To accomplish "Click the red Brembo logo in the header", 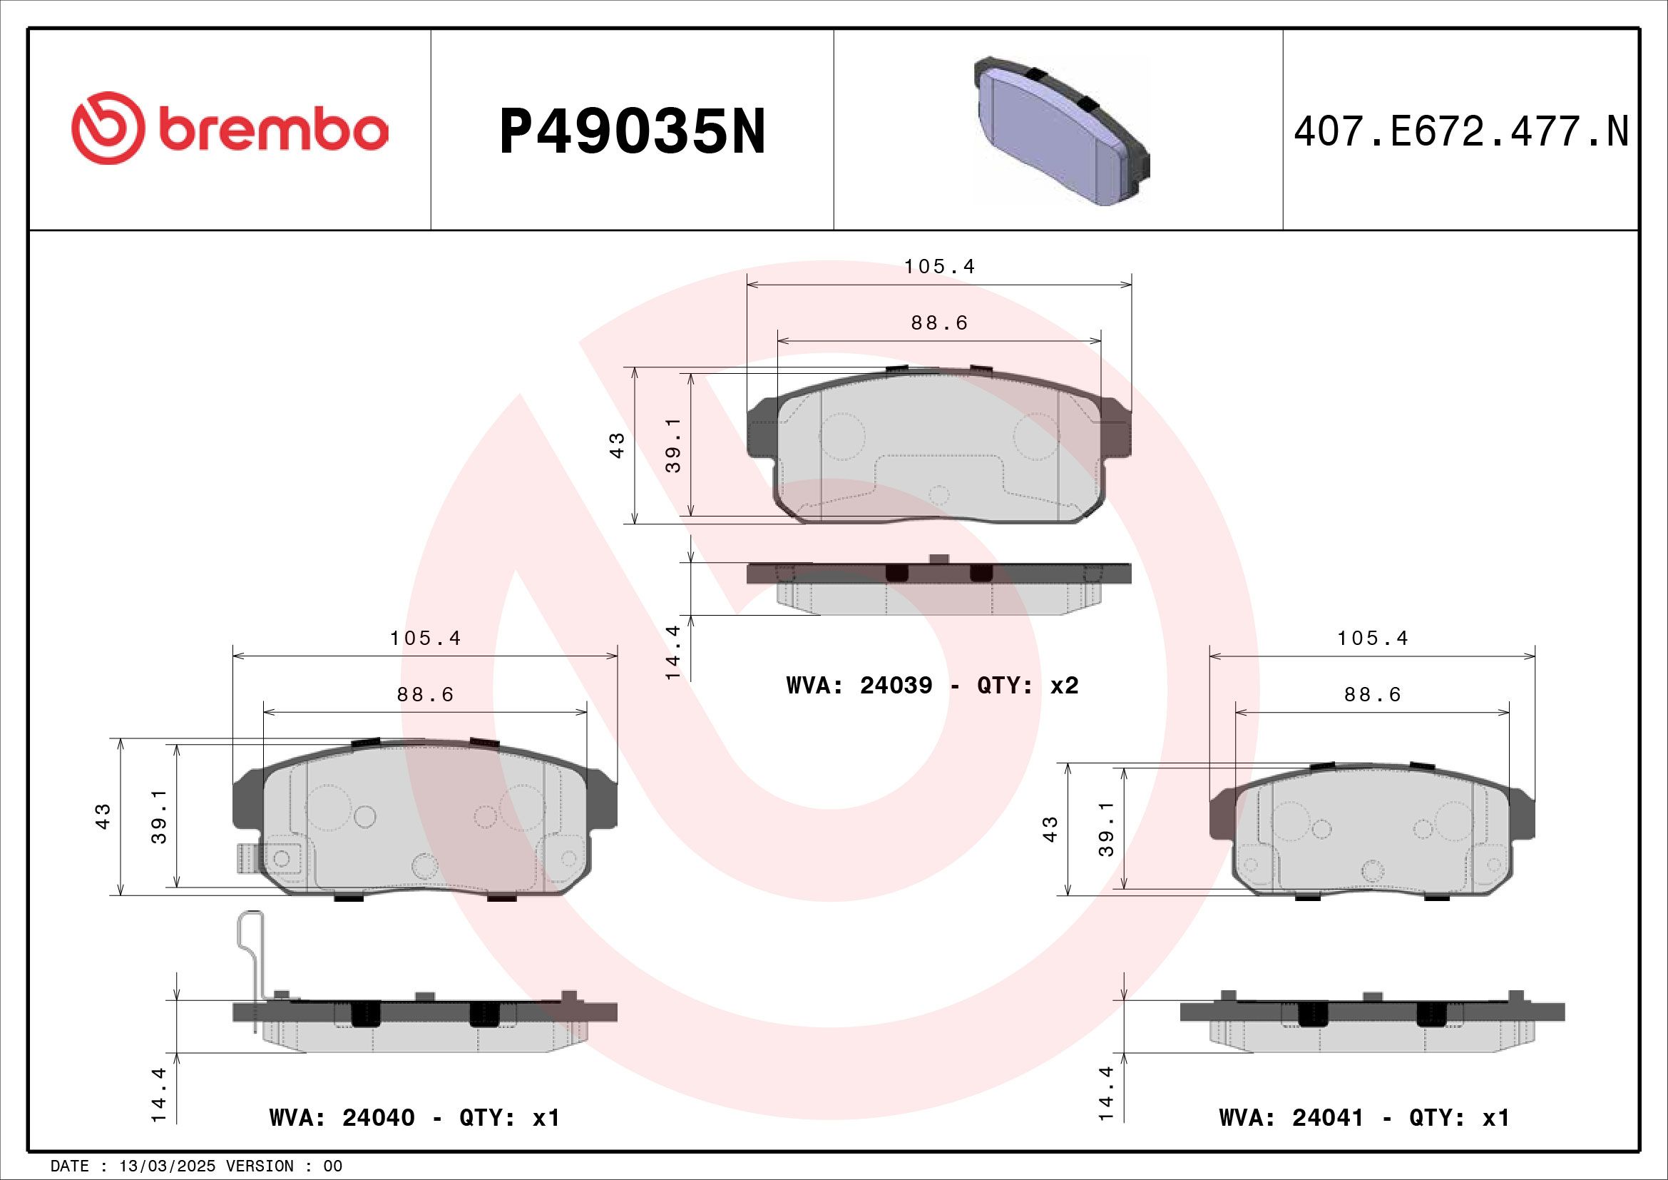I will (229, 128).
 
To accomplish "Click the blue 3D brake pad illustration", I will (1060, 131).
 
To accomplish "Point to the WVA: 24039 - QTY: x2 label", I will (932, 685).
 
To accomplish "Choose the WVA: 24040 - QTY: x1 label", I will (414, 1117).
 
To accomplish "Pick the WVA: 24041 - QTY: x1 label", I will (1363, 1117).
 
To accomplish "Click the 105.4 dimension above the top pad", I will (939, 267).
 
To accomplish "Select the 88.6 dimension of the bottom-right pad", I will (1372, 695).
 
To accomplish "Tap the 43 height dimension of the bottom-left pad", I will (103, 816).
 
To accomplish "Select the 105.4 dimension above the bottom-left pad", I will (425, 639).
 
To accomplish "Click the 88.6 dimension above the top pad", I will (939, 322).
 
